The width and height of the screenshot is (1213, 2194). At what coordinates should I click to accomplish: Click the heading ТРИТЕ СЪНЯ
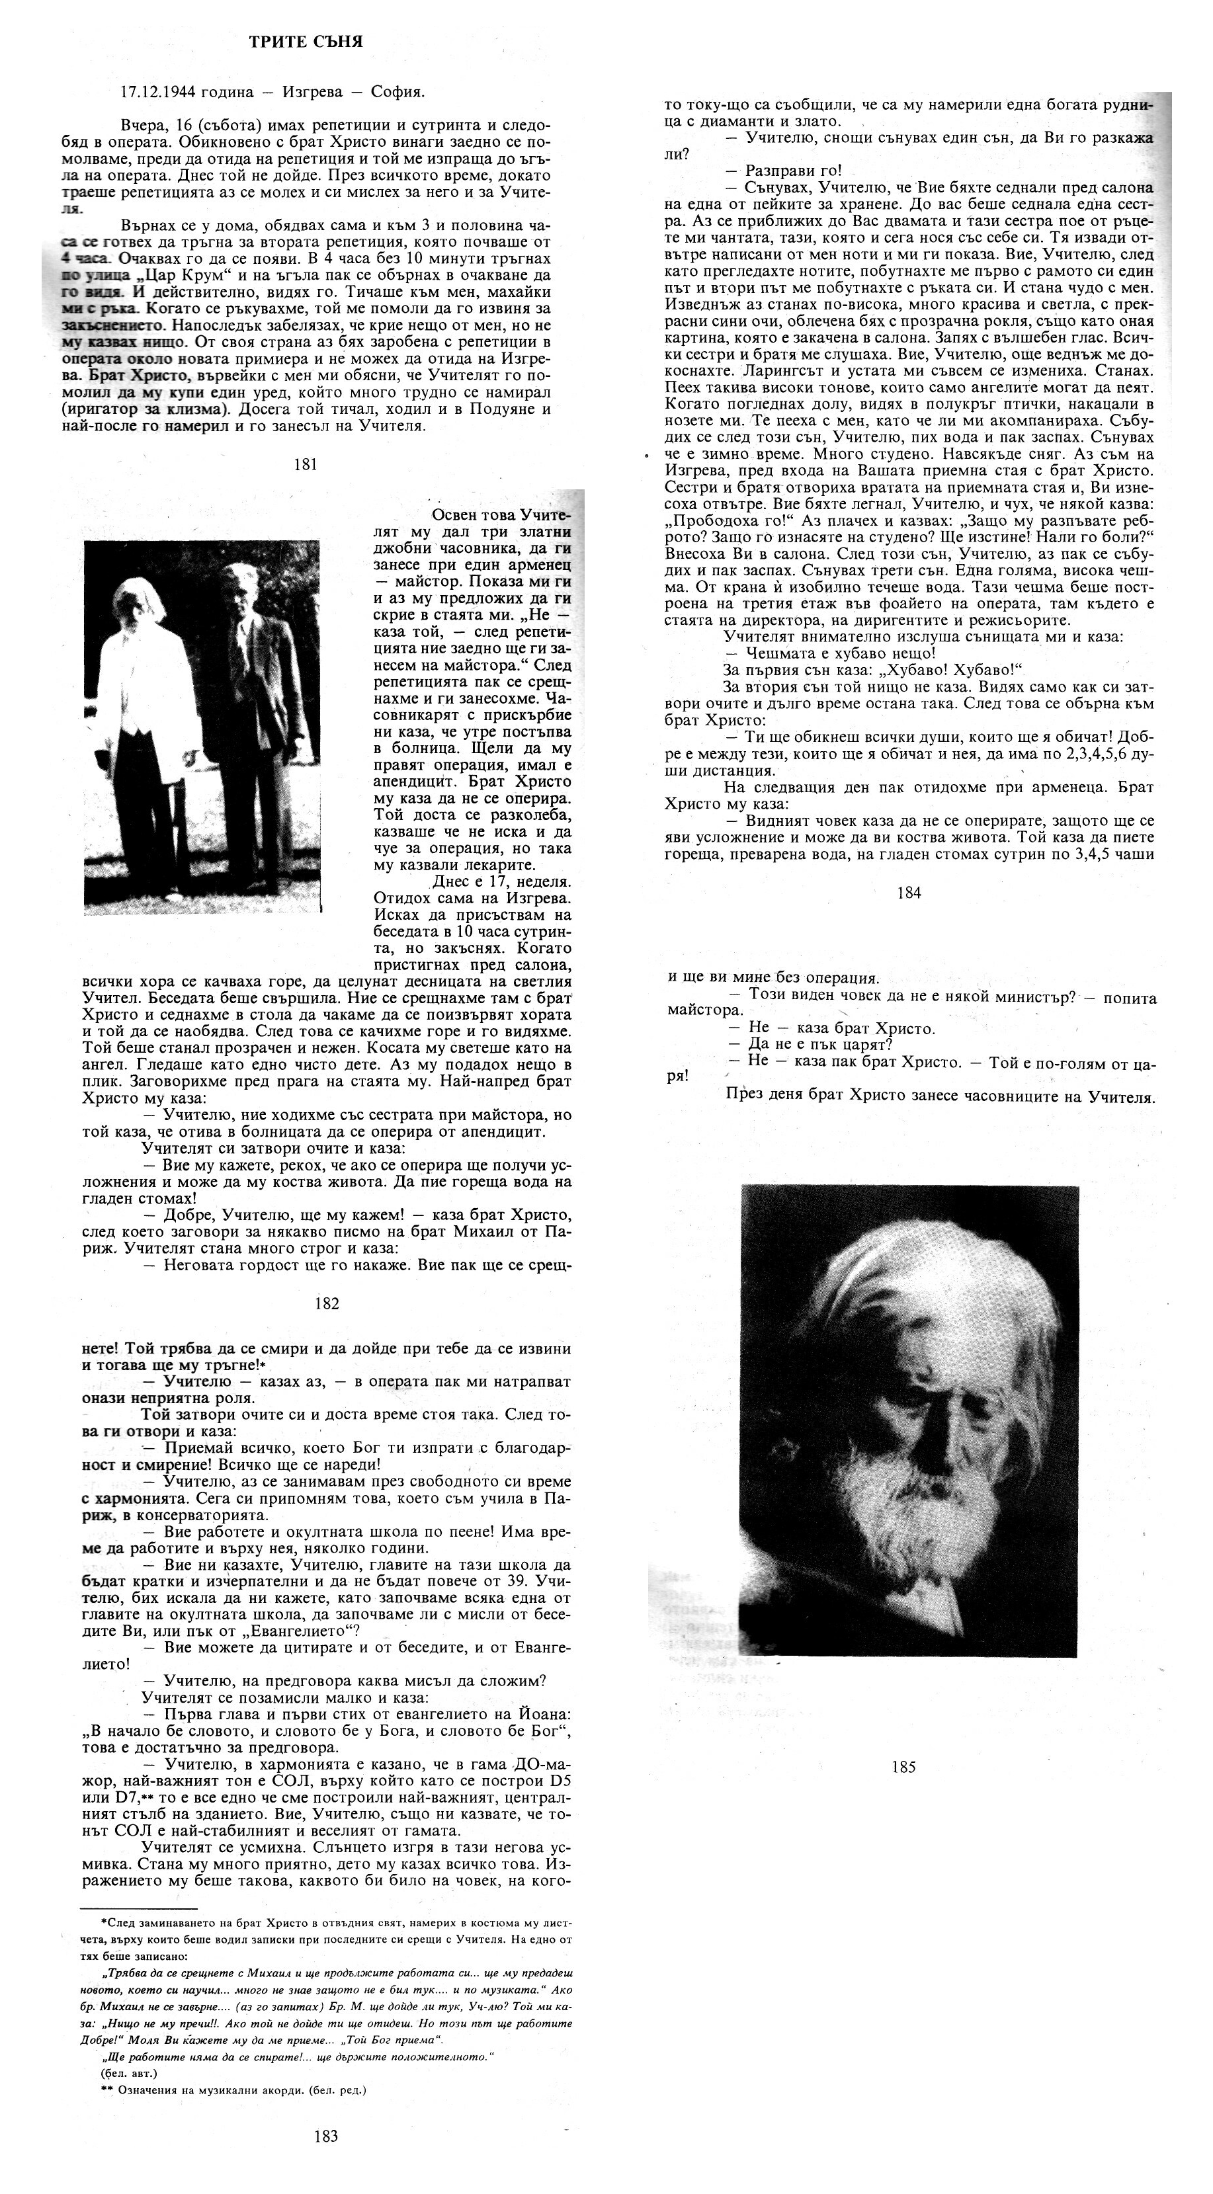(306, 41)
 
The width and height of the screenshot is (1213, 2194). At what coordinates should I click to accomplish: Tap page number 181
(305, 464)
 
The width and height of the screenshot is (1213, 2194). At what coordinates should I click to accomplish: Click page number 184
(909, 893)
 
